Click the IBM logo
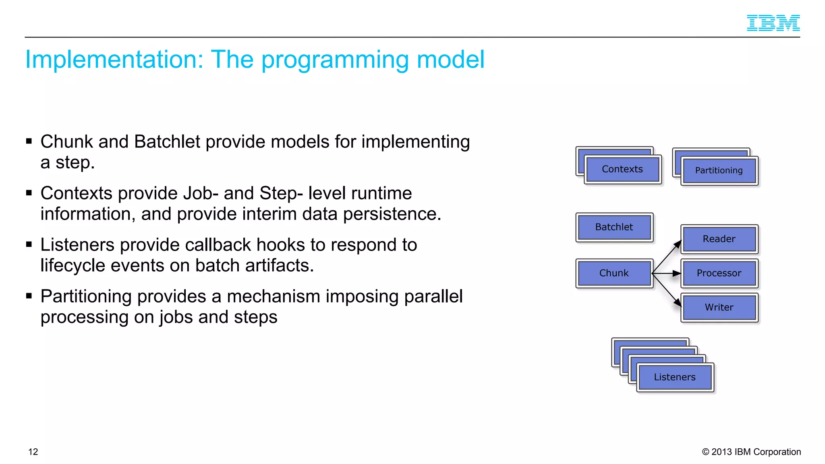(773, 23)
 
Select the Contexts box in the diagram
(622, 169)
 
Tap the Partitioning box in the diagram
(719, 170)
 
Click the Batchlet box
(614, 227)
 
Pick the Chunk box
(614, 273)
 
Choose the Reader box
(719, 239)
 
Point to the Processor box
(719, 273)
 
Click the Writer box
(719, 307)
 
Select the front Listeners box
(675, 377)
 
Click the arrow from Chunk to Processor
(667, 273)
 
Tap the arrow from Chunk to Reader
(667, 257)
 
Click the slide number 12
(33, 452)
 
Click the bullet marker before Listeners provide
(29, 244)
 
